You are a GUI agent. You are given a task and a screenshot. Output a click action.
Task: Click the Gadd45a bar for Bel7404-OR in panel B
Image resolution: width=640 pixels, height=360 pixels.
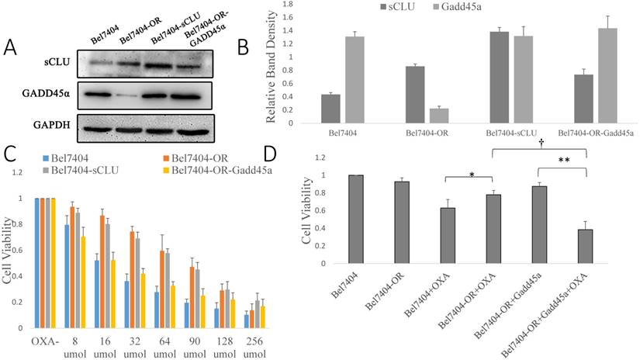click(x=418, y=115)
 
